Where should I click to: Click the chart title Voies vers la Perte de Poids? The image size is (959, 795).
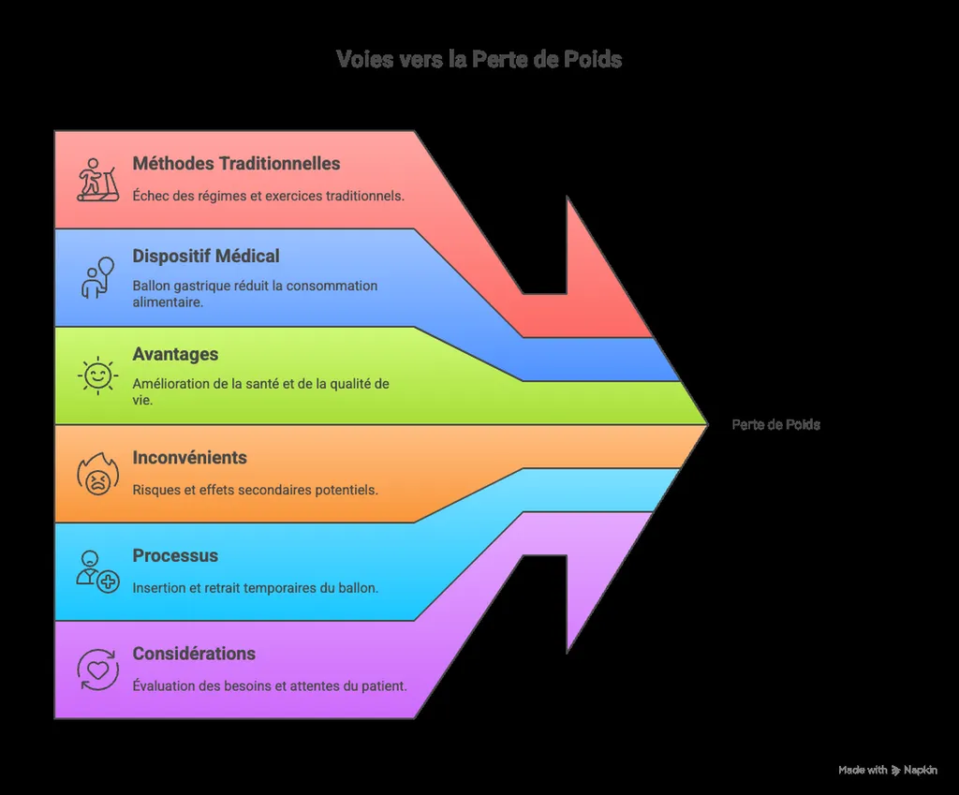[479, 59]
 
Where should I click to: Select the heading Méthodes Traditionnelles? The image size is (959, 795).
[236, 164]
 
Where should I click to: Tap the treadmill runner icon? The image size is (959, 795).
[97, 180]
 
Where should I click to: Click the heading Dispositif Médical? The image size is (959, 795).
[206, 257]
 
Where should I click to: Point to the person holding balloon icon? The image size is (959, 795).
[97, 278]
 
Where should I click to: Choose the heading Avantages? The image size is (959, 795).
[175, 355]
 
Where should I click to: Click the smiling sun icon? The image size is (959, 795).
[97, 375]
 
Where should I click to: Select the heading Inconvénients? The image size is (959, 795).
[189, 458]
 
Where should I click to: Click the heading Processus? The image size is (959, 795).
[175, 556]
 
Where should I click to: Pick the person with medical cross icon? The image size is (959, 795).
[97, 572]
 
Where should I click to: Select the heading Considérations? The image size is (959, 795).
[194, 654]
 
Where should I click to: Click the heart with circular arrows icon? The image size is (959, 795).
[97, 670]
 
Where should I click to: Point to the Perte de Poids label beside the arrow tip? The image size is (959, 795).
[775, 425]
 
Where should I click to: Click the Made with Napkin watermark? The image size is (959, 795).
[887, 770]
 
